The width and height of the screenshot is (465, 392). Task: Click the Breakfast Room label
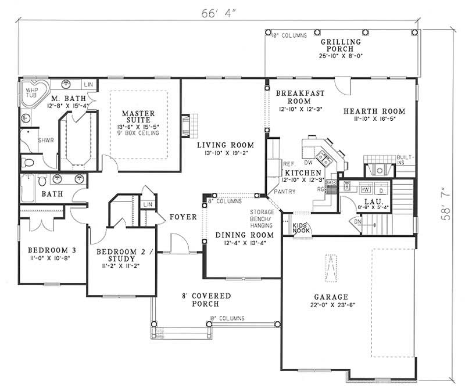click(300, 97)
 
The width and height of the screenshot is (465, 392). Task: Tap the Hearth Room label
click(374, 111)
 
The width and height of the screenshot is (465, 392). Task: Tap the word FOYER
click(181, 217)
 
